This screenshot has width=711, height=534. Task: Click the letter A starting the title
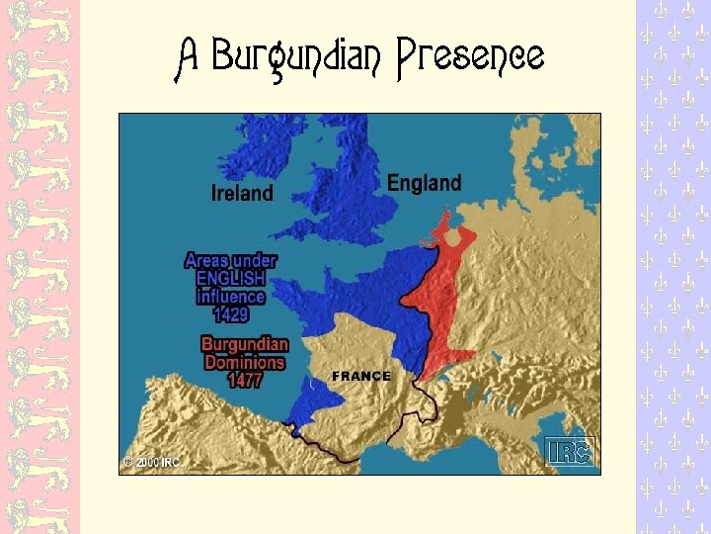[188, 56]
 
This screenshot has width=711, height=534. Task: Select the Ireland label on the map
[242, 193]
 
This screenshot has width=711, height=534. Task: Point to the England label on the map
[424, 183]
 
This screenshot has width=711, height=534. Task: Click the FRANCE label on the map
[361, 376]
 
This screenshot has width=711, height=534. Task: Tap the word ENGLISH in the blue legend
[230, 279]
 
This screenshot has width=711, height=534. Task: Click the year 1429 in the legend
[230, 314]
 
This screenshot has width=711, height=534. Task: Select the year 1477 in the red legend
[244, 380]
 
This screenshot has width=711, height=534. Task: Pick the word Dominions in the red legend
[244, 362]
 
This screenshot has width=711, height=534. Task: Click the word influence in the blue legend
[230, 297]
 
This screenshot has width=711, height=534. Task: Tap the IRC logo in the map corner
[570, 451]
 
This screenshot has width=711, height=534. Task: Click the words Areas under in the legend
[230, 261]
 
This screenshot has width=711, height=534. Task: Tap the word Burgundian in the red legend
[244, 344]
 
